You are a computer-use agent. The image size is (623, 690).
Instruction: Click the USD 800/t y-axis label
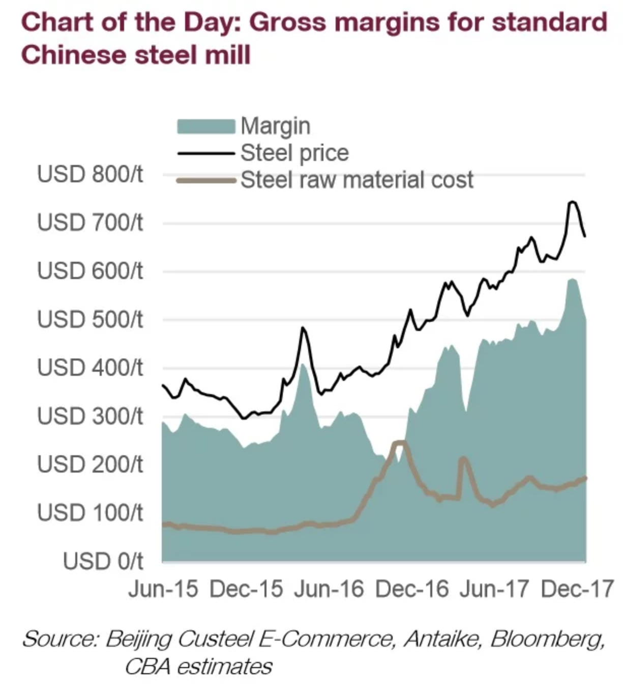click(x=90, y=175)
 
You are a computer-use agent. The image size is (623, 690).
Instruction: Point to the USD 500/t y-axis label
click(x=90, y=320)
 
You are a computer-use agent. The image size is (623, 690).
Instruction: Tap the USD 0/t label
click(x=103, y=561)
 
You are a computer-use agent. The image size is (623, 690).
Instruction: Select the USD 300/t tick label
click(x=90, y=417)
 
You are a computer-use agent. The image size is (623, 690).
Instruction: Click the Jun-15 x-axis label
click(x=163, y=589)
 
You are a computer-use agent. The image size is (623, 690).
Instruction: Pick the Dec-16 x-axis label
click(x=412, y=589)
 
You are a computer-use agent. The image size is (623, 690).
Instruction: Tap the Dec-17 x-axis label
click(x=577, y=589)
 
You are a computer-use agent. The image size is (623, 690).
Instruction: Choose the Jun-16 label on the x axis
click(x=329, y=589)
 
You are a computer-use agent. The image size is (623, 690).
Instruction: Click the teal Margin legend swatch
click(x=206, y=126)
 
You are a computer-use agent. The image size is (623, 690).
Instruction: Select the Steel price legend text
click(x=294, y=153)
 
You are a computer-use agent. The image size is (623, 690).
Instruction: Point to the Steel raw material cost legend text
click(x=357, y=180)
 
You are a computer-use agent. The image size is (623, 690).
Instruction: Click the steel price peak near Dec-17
click(x=572, y=202)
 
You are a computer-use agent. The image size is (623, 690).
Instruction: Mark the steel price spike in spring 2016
click(x=303, y=328)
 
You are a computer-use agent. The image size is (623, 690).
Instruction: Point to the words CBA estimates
click(x=198, y=666)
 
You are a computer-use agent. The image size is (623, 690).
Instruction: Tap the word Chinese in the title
click(x=72, y=54)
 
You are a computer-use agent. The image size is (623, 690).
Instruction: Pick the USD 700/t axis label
click(x=90, y=223)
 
